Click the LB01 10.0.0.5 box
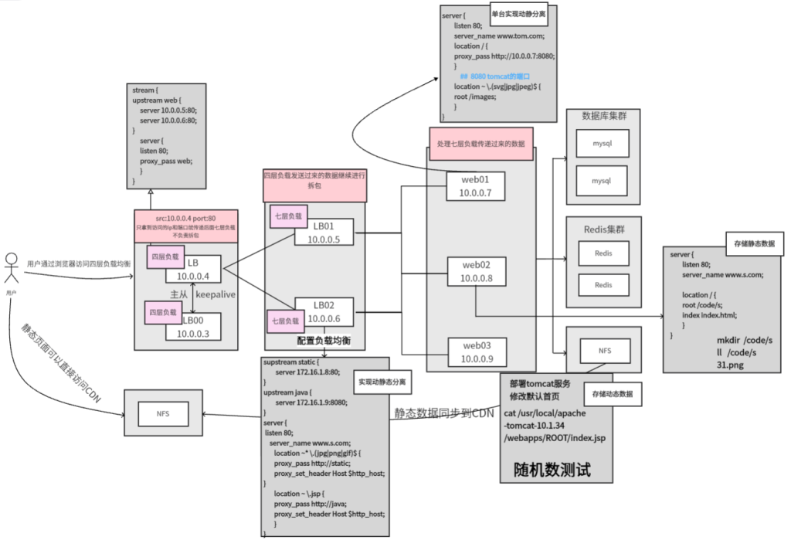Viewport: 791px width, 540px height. pos(324,233)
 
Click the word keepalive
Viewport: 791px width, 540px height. pos(216,294)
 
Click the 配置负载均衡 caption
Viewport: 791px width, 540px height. pos(324,340)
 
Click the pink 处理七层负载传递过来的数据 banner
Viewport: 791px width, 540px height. pos(480,144)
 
